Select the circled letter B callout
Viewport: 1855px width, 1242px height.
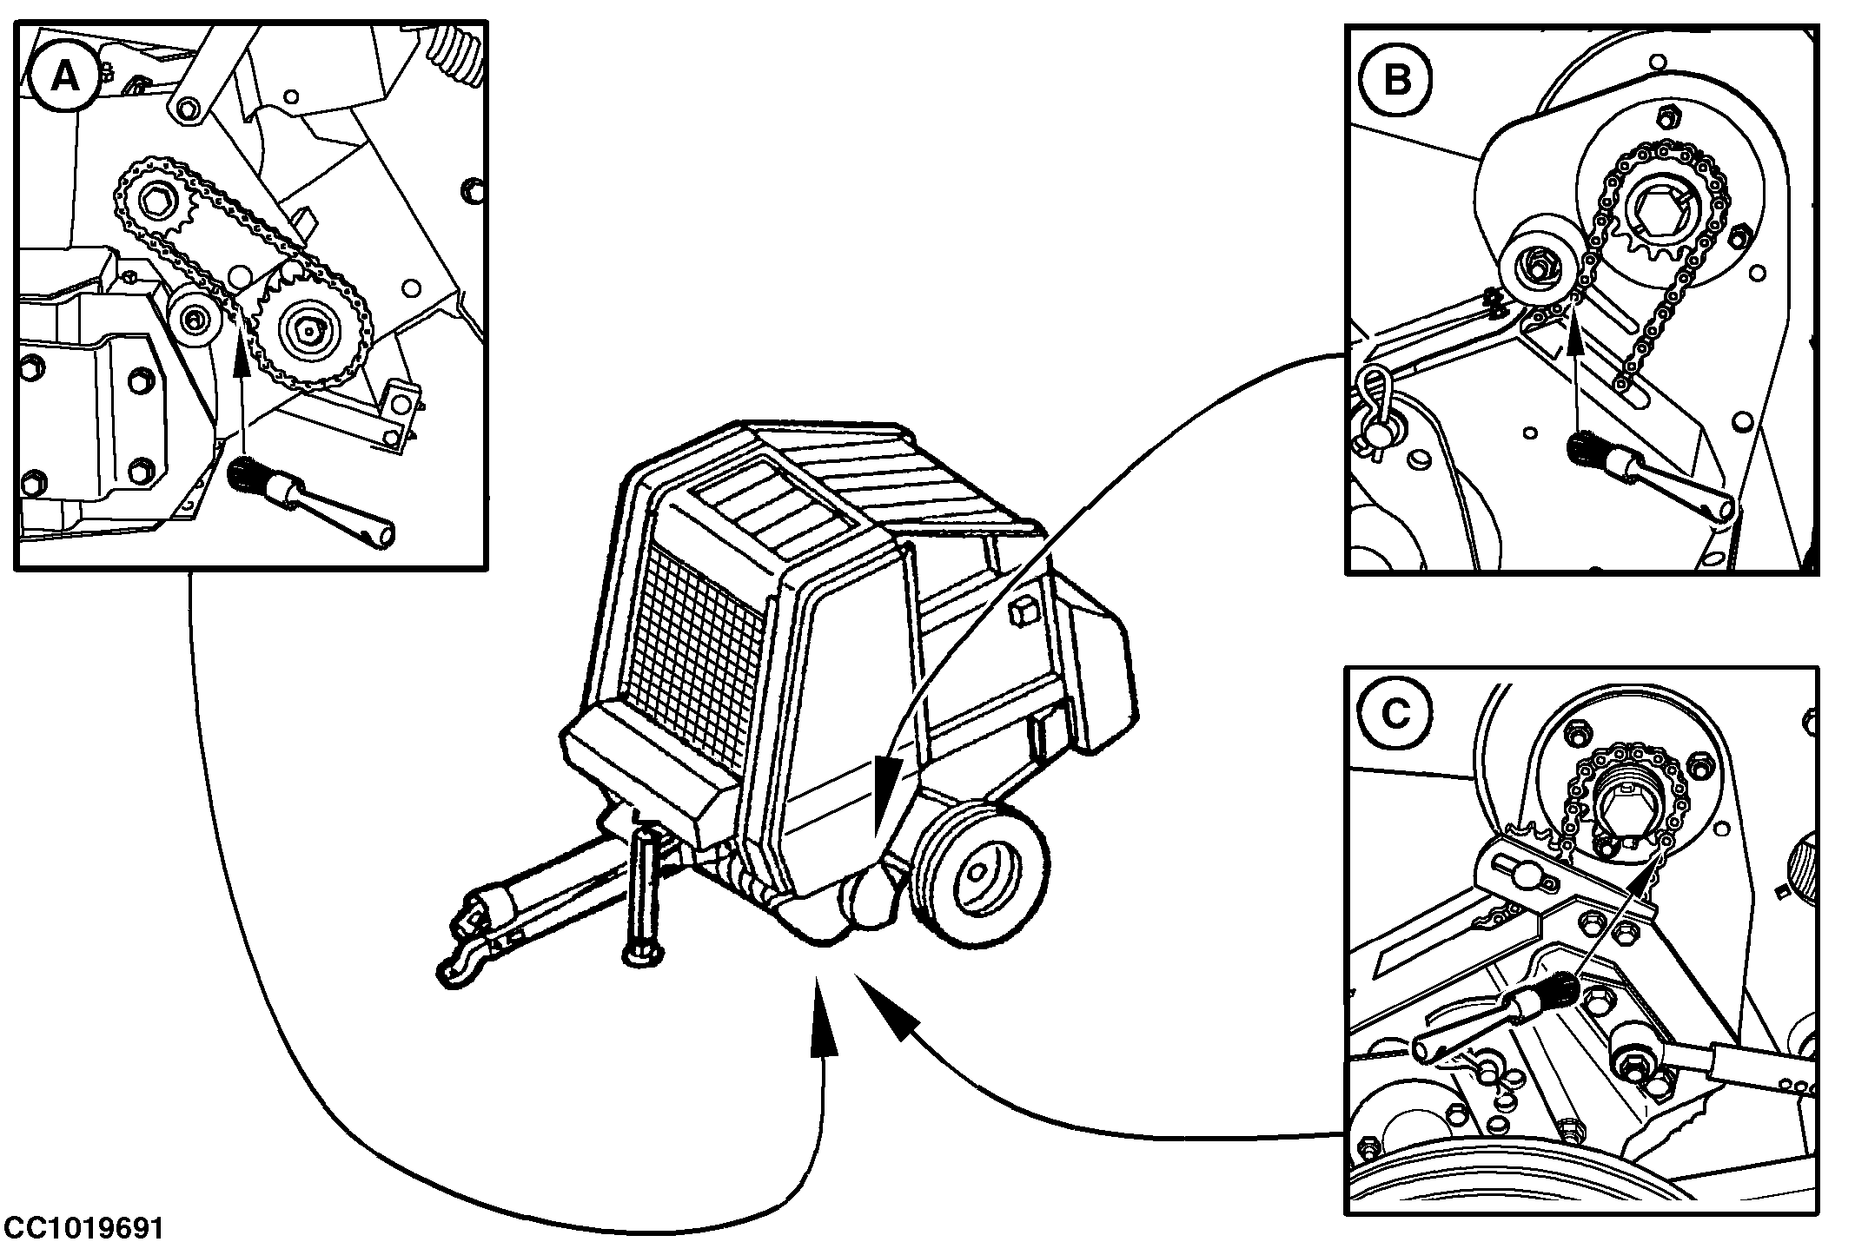[1396, 80]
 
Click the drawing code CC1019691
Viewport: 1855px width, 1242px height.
[82, 1227]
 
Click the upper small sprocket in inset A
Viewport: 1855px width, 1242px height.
[156, 205]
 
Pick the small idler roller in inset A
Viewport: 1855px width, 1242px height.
[192, 320]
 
